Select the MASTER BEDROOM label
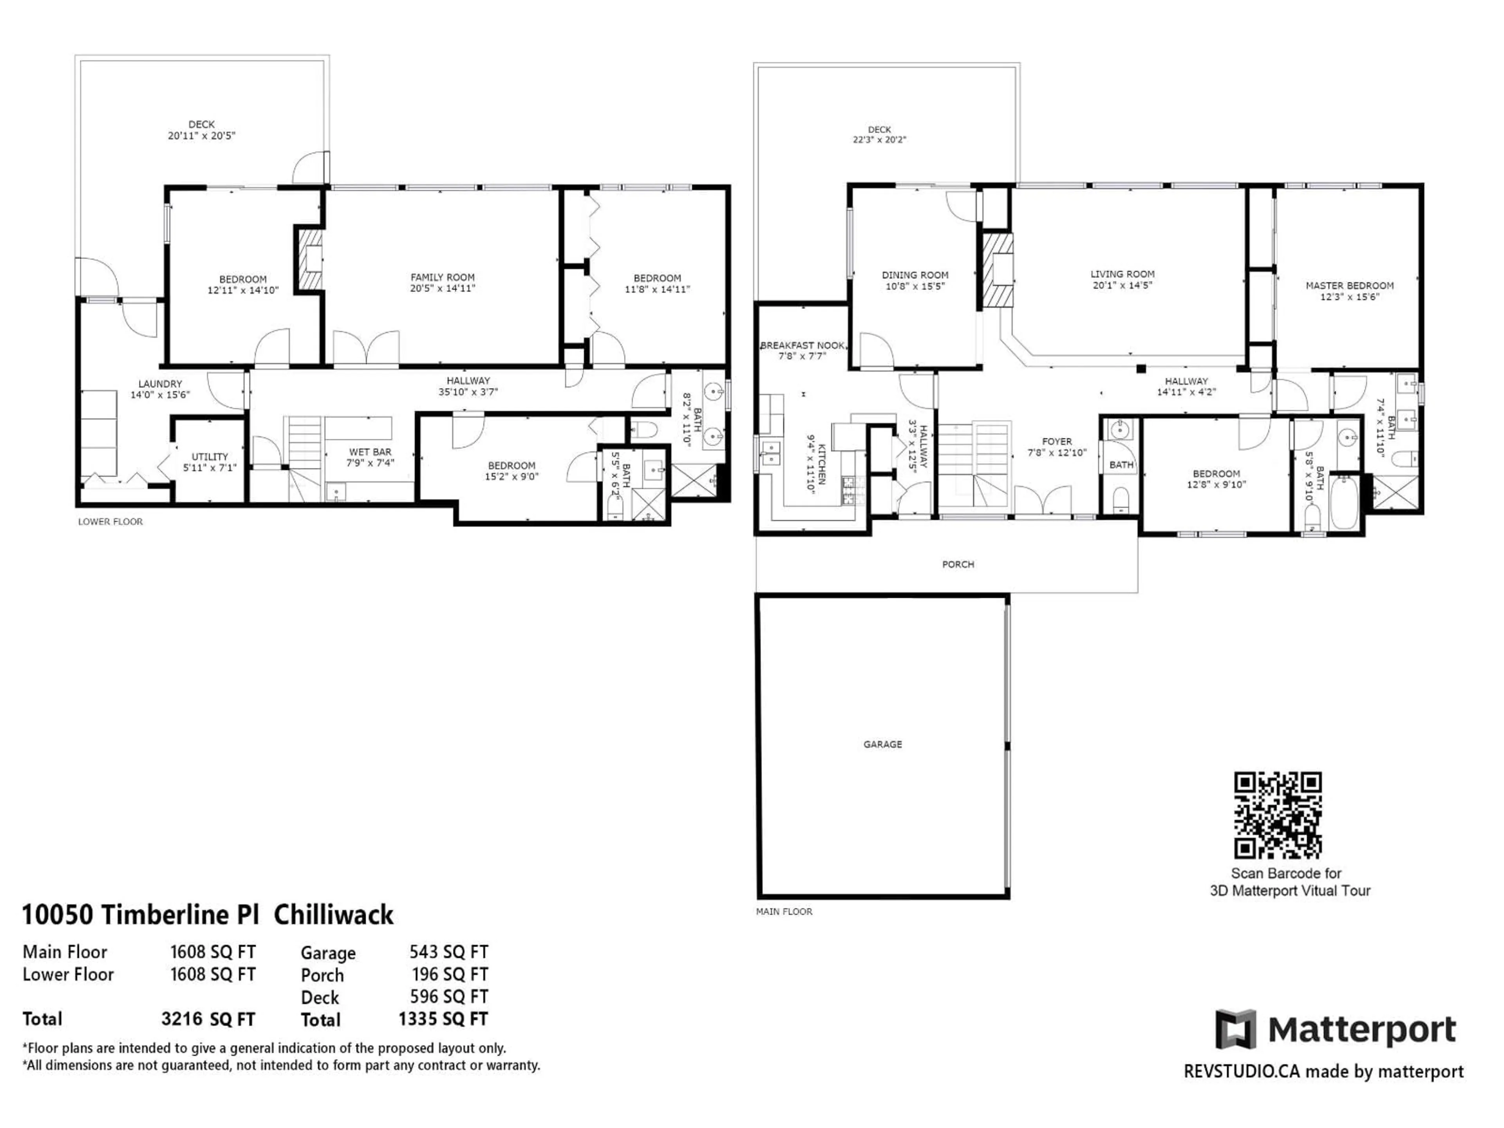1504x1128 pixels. [x=1349, y=286]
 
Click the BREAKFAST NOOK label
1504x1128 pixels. [x=802, y=345]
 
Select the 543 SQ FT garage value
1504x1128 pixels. [x=449, y=952]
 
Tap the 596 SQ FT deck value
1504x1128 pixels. [x=449, y=996]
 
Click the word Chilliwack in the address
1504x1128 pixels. [x=333, y=915]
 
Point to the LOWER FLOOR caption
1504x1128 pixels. [x=110, y=522]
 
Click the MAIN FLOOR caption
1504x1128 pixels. [x=784, y=911]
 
